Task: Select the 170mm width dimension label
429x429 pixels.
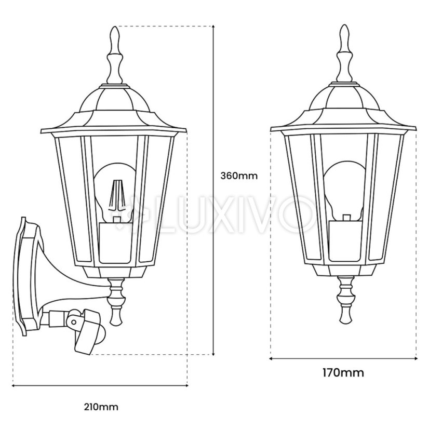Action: (342, 372)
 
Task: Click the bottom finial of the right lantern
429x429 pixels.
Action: (343, 301)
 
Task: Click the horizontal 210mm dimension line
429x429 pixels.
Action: (99, 385)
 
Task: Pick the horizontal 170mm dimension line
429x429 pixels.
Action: (343, 357)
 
